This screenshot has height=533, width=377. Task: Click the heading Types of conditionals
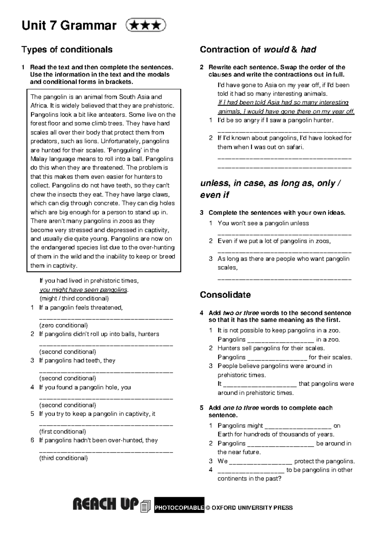click(x=67, y=50)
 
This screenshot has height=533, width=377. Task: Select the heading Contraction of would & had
click(x=258, y=50)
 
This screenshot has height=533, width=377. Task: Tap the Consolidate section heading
click(x=225, y=295)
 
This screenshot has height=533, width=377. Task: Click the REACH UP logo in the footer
click(x=106, y=505)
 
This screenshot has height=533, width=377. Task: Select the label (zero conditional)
click(x=63, y=325)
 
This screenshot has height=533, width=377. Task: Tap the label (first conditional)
click(x=63, y=431)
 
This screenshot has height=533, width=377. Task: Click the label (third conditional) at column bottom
click(x=63, y=458)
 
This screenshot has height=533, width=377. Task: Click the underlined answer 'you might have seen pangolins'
click(x=84, y=289)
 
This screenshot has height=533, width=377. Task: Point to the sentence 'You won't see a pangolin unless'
click(x=263, y=223)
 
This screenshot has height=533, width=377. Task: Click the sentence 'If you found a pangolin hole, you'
click(x=85, y=387)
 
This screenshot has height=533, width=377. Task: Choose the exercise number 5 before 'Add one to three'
click(x=202, y=408)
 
